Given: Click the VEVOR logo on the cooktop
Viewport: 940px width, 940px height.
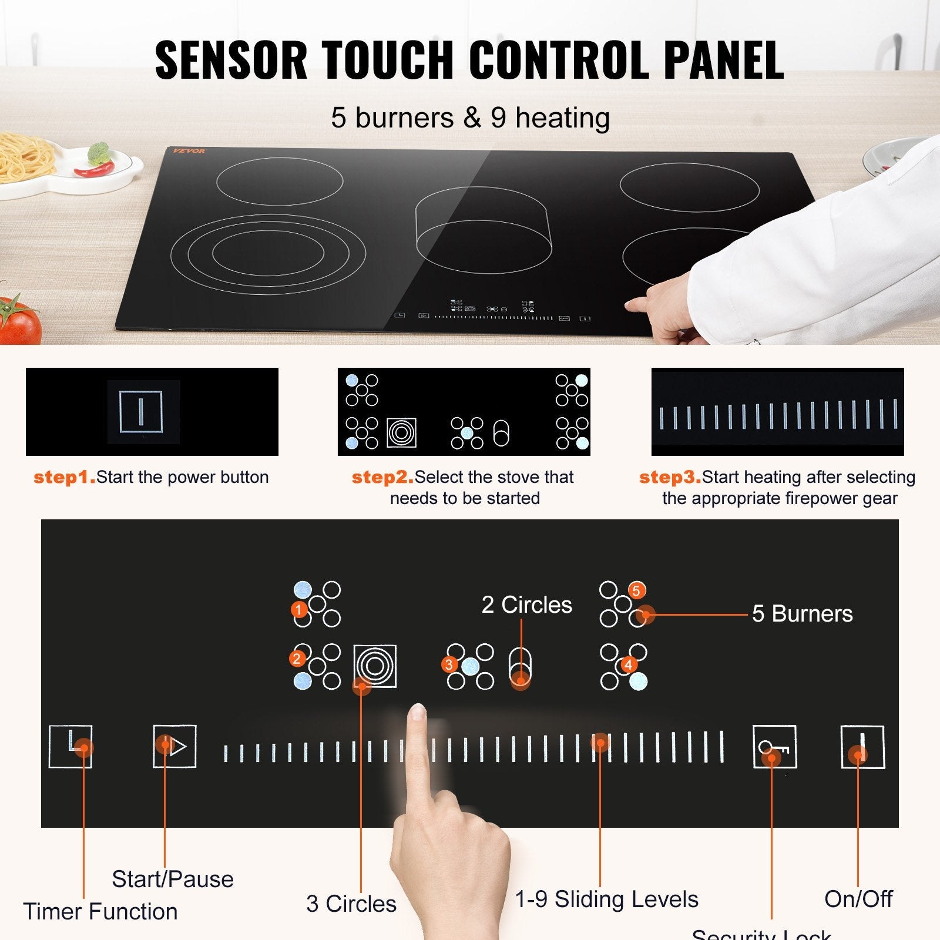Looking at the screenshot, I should (x=189, y=151).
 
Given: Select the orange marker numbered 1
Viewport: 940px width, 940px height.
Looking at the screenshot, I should (x=299, y=610).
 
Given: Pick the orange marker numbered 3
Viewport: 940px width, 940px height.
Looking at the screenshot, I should (x=449, y=664).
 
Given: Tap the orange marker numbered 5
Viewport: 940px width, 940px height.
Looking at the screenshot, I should (x=636, y=590).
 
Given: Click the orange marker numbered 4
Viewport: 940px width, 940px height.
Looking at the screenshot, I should (x=629, y=664).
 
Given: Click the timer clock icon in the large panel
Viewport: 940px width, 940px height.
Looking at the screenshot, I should (x=70, y=746).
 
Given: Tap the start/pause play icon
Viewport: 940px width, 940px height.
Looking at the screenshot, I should (x=174, y=746).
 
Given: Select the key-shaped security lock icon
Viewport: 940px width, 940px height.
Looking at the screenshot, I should (x=774, y=747).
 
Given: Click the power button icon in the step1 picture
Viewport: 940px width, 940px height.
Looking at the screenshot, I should (x=140, y=411).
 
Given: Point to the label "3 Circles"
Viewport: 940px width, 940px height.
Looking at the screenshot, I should (x=351, y=904).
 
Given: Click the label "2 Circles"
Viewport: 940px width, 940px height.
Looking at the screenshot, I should (x=526, y=605).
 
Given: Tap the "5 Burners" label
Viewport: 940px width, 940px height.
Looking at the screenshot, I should (x=802, y=613).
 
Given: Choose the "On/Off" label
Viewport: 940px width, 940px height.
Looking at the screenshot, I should (x=858, y=899).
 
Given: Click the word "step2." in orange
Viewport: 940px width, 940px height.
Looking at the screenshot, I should (x=382, y=477).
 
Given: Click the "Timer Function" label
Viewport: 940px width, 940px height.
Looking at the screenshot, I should (x=100, y=911).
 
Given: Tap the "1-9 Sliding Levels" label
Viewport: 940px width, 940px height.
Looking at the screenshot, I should (x=606, y=899).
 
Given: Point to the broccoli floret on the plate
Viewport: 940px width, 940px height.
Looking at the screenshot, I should (x=99, y=153).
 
